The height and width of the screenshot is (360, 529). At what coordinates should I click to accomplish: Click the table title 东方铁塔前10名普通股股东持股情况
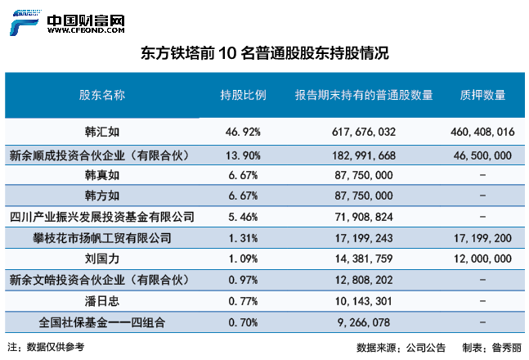[x=264, y=54]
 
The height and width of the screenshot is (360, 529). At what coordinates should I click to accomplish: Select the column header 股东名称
[x=102, y=96]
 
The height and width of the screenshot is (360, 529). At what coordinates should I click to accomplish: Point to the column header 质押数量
[x=482, y=96]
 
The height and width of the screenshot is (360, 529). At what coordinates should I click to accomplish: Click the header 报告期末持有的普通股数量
[x=364, y=96]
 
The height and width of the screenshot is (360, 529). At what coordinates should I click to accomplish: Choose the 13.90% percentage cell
[x=242, y=155]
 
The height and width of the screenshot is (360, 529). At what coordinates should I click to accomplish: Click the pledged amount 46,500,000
[x=482, y=155]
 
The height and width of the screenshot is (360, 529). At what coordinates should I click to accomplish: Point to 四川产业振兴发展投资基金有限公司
[x=102, y=218]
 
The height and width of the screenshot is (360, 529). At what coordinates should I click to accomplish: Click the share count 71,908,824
[x=364, y=218]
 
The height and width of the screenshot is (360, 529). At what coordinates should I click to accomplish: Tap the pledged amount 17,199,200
[x=482, y=239]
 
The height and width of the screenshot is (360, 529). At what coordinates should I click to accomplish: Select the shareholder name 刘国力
[x=102, y=259]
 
